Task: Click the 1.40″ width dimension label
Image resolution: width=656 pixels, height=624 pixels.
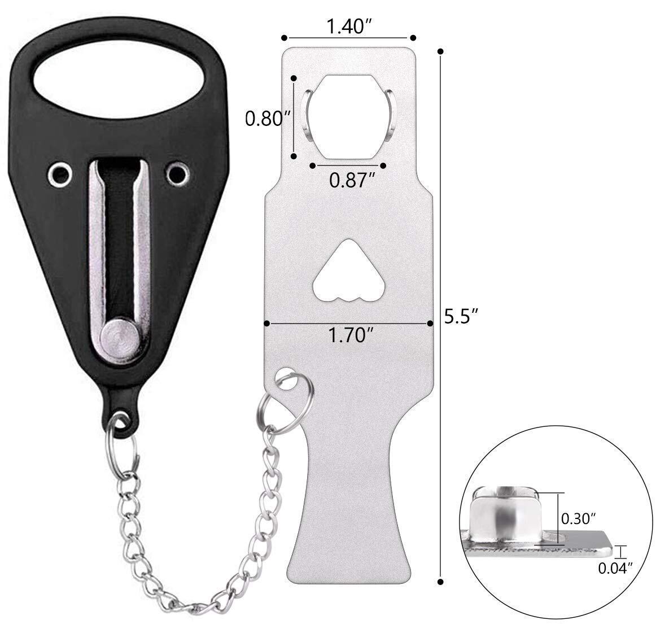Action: [x=349, y=27]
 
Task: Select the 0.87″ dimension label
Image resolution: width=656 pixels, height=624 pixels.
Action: [x=351, y=180]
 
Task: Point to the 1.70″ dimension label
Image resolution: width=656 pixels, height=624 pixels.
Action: [x=351, y=335]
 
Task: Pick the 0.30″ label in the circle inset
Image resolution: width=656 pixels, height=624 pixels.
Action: [x=578, y=519]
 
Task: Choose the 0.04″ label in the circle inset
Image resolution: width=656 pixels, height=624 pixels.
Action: [x=615, y=568]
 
